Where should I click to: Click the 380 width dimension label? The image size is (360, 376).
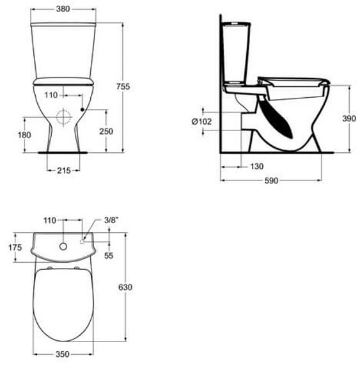[63, 9]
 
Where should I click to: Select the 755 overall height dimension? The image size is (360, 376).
[123, 86]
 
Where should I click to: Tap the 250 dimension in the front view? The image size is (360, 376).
[106, 132]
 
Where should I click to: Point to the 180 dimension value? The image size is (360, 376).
[24, 135]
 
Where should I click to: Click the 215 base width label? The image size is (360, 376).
[64, 171]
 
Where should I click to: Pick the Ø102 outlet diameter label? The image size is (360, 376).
[201, 121]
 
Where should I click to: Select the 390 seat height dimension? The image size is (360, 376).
[349, 118]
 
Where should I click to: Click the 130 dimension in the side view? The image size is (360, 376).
[257, 166]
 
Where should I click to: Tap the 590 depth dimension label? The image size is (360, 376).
[271, 180]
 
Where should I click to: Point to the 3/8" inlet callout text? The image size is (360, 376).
[111, 220]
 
